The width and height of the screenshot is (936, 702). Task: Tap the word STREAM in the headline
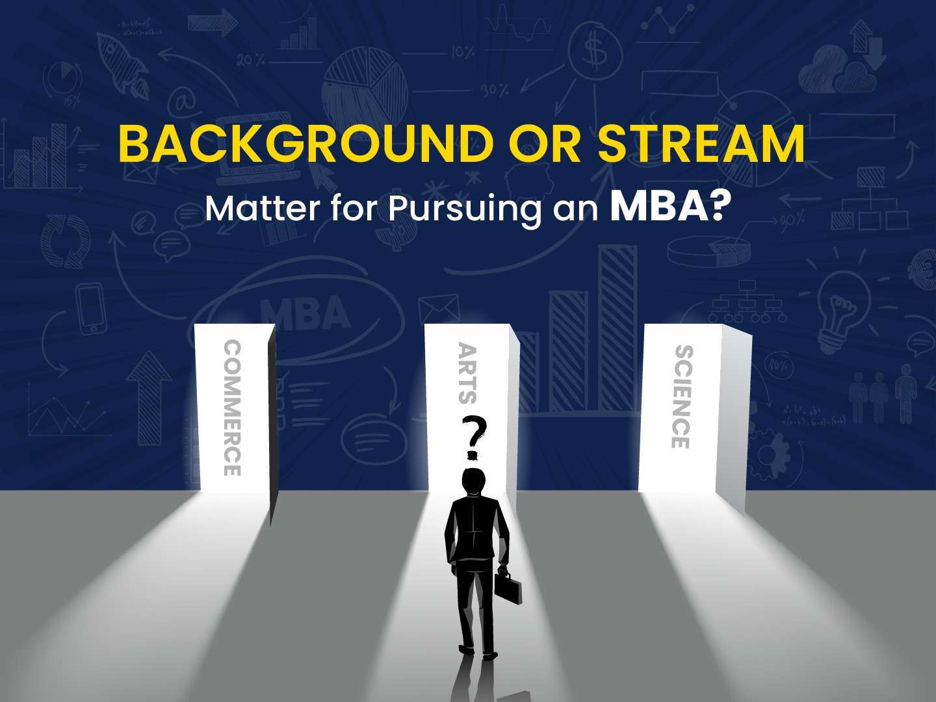[x=700, y=147]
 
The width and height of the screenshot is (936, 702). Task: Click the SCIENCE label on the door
[x=681, y=396]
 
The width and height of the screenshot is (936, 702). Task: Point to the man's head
[x=473, y=482]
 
